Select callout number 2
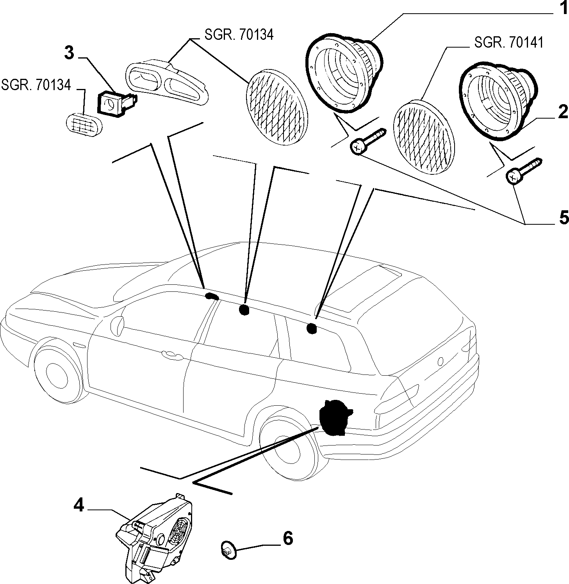click(562, 112)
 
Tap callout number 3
click(69, 53)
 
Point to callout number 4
click(78, 506)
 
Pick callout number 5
click(564, 218)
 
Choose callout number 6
click(287, 538)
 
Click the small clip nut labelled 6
click(228, 551)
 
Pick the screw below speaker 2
click(524, 171)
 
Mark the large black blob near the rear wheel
click(335, 416)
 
